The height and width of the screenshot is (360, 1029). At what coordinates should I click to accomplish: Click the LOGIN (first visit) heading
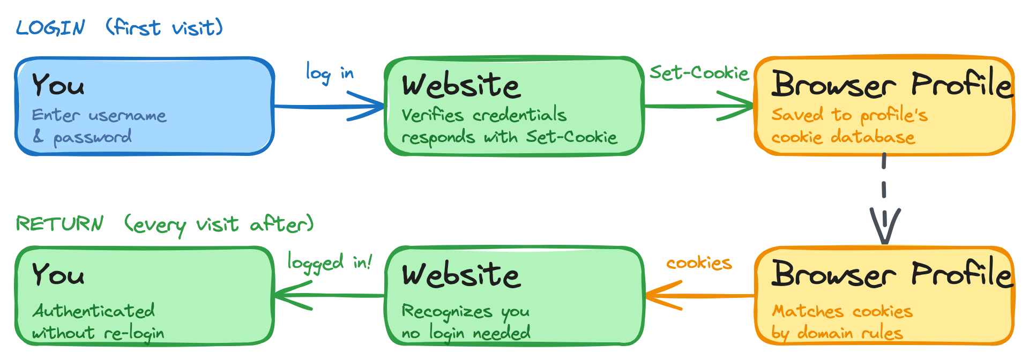(119, 27)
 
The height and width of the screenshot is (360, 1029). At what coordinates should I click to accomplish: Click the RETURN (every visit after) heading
(165, 224)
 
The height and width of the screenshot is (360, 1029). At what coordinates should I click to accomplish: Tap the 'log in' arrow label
(329, 72)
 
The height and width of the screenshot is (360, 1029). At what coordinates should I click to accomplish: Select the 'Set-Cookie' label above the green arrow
(699, 72)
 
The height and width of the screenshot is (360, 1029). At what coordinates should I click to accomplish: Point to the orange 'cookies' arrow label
(699, 263)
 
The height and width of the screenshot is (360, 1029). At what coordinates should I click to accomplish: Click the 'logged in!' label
(329, 262)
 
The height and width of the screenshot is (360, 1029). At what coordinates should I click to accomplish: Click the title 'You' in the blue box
(58, 85)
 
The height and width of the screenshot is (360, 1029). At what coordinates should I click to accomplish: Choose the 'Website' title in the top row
(461, 85)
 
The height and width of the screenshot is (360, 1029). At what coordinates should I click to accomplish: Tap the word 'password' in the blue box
(92, 138)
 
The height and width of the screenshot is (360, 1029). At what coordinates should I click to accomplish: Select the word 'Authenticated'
(94, 311)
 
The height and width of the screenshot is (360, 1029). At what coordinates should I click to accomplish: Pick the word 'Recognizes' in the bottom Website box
(447, 311)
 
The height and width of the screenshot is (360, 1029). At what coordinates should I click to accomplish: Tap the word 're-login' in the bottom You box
(134, 333)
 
